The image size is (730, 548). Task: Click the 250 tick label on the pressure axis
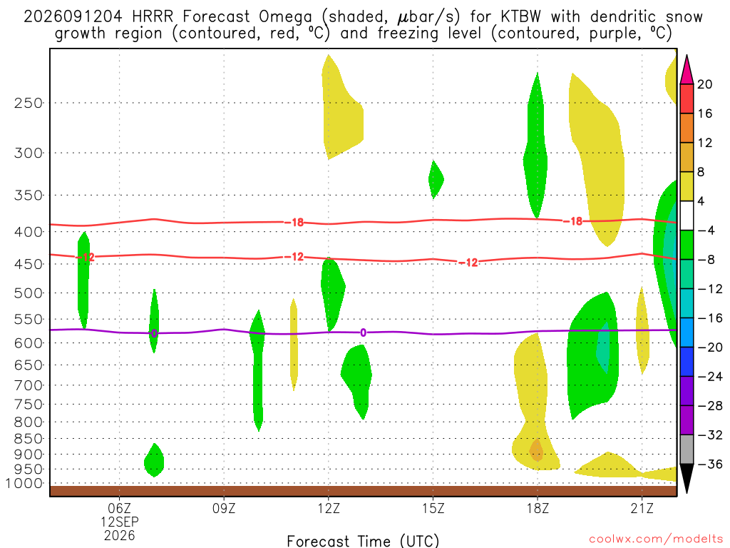click(x=29, y=103)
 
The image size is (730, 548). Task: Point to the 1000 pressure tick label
click(x=24, y=483)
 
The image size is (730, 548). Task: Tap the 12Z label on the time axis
click(x=329, y=508)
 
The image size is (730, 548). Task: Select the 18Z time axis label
click(x=538, y=508)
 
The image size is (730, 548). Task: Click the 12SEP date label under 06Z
click(x=120, y=522)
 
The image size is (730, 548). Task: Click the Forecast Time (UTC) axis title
click(x=363, y=541)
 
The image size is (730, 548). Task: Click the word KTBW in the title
click(x=521, y=16)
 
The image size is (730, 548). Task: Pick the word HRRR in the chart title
click(x=153, y=16)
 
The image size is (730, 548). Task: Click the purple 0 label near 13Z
click(x=363, y=333)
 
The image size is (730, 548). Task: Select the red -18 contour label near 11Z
click(x=294, y=223)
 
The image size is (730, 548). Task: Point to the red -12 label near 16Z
click(x=468, y=263)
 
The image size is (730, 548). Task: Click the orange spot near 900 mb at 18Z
click(x=536, y=450)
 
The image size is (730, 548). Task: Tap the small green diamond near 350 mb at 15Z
click(x=436, y=179)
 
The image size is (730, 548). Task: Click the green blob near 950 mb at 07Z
click(x=154, y=460)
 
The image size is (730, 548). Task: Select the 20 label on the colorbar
click(x=705, y=84)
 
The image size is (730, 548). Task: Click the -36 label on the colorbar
click(x=709, y=464)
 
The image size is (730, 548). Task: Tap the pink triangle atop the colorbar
click(x=687, y=71)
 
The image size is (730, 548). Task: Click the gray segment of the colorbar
click(x=687, y=450)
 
